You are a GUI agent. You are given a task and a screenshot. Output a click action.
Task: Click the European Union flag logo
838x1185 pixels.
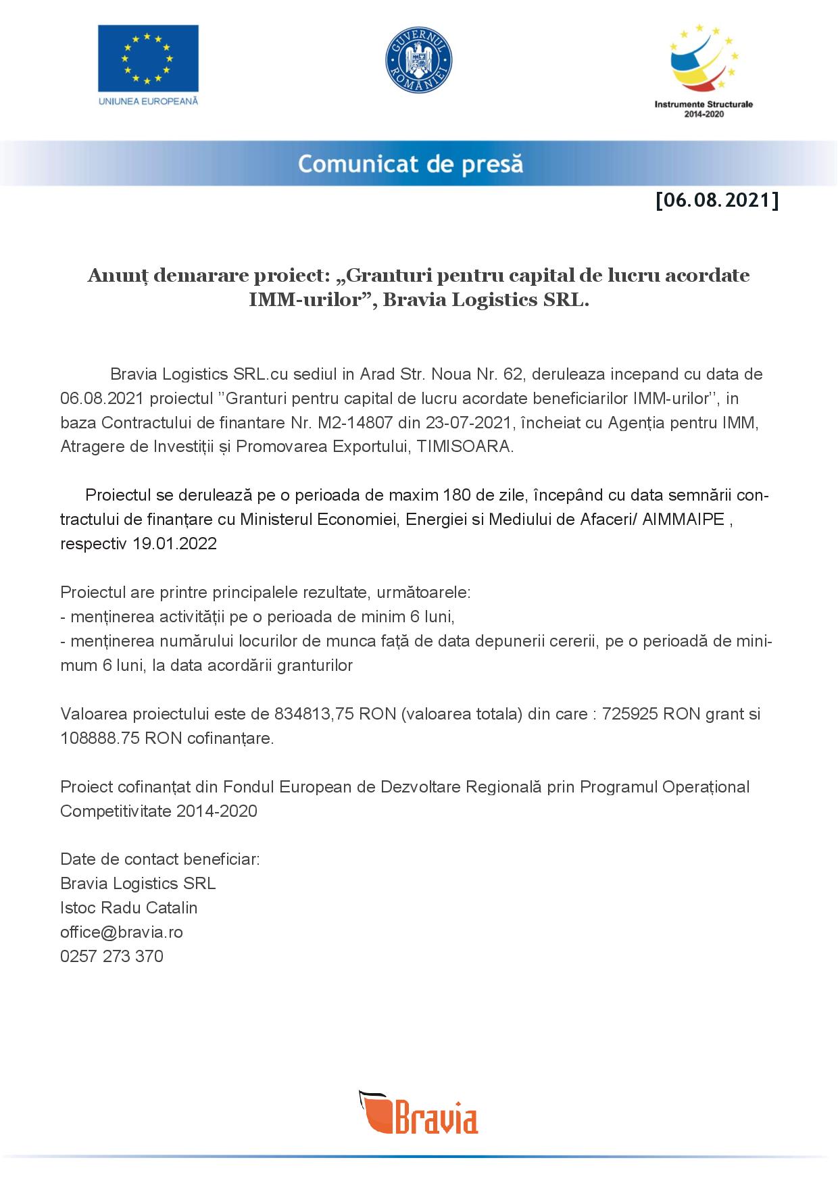click(148, 58)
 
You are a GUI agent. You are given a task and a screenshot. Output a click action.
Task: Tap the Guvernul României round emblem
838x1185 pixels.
click(418, 60)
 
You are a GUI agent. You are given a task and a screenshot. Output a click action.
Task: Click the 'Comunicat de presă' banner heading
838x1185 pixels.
click(410, 164)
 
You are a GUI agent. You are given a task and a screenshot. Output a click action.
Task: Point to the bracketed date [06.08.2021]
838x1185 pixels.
click(716, 201)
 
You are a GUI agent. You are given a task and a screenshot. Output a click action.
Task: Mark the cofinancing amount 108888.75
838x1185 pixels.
click(100, 738)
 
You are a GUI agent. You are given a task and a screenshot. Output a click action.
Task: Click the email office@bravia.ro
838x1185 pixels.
click(122, 932)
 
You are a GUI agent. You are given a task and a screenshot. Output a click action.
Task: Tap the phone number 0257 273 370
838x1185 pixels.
click(112, 957)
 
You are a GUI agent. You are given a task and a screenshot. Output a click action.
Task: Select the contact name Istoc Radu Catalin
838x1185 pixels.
click(129, 908)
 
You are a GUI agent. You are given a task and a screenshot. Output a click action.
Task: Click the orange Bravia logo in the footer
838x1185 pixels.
click(418, 1111)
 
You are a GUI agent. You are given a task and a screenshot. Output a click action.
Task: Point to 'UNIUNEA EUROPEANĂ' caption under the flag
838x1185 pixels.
click(148, 101)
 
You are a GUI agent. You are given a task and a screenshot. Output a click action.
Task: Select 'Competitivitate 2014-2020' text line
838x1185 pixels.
click(159, 811)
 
